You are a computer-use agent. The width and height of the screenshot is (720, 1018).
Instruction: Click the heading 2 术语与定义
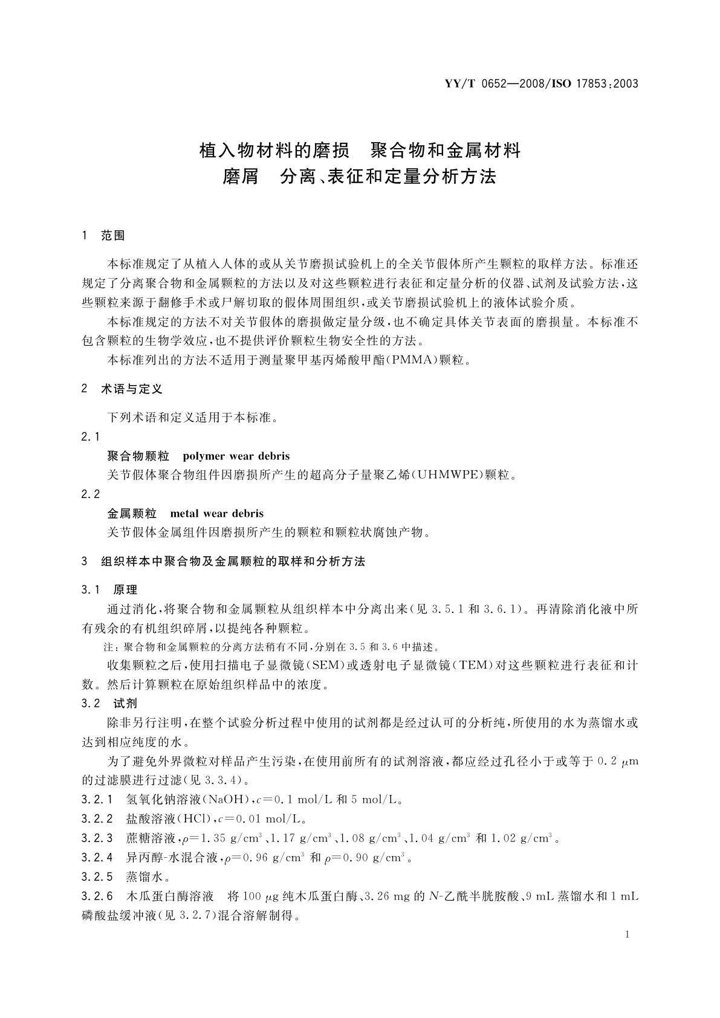point(122,389)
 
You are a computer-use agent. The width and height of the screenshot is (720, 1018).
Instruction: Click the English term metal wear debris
point(217,514)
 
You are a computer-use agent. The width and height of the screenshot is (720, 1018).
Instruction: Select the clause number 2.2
point(91,494)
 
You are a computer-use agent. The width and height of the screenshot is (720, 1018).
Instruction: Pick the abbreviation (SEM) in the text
point(326,666)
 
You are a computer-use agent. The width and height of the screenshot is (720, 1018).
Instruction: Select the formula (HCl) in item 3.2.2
point(192,819)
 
